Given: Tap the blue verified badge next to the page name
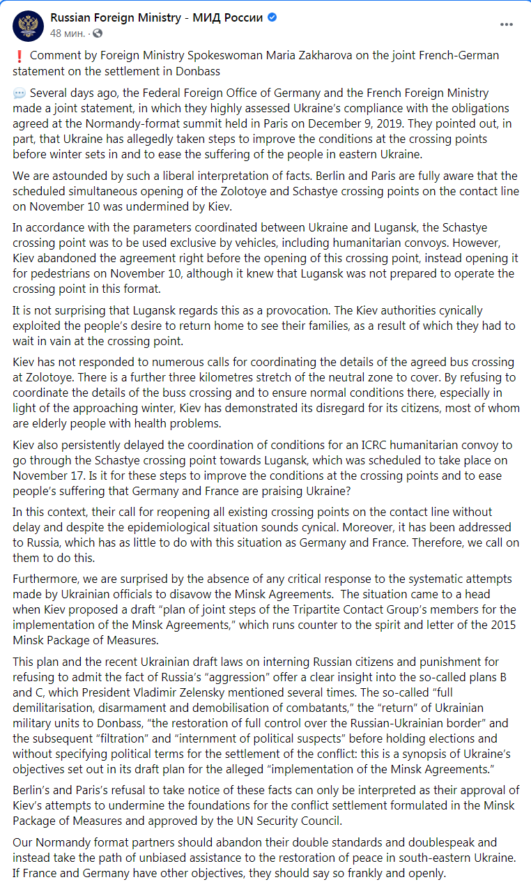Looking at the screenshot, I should tap(272, 17).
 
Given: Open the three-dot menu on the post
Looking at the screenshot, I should tap(507, 24).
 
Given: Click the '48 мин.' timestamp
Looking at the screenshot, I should tap(68, 33).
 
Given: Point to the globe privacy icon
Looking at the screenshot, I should tap(98, 33).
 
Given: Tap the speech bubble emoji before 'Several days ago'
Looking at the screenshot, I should tap(20, 93).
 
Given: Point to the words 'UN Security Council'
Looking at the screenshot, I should tap(287, 821).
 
